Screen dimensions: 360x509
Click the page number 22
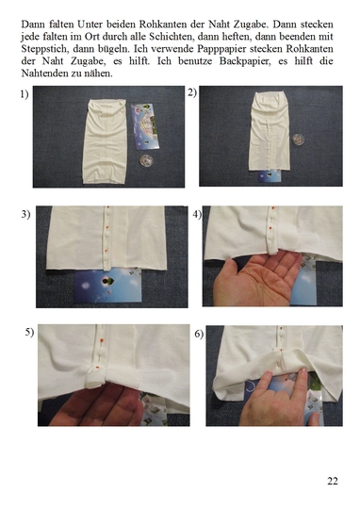click(333, 481)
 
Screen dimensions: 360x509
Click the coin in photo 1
click(146, 160)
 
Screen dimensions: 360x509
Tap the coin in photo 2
click(298, 140)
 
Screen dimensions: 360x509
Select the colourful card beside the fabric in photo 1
click(145, 126)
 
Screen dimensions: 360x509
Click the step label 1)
click(25, 94)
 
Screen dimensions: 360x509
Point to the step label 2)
click(192, 92)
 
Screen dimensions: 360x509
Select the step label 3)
click(26, 214)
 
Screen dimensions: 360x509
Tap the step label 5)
click(29, 332)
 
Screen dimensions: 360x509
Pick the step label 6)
click(199, 334)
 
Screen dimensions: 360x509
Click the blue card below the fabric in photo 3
click(108, 285)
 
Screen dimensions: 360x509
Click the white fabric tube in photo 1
click(105, 141)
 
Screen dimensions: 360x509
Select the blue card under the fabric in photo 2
click(270, 175)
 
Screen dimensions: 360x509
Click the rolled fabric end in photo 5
click(94, 377)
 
